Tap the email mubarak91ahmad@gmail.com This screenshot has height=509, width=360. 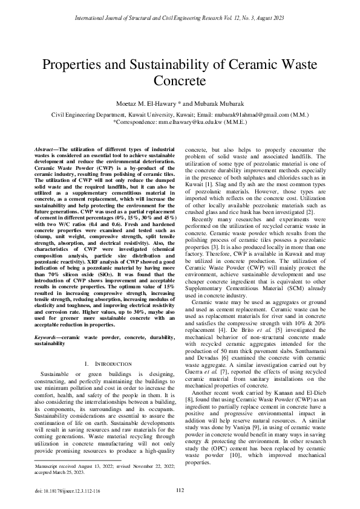(258, 113)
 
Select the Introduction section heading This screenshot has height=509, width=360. (110, 364)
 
